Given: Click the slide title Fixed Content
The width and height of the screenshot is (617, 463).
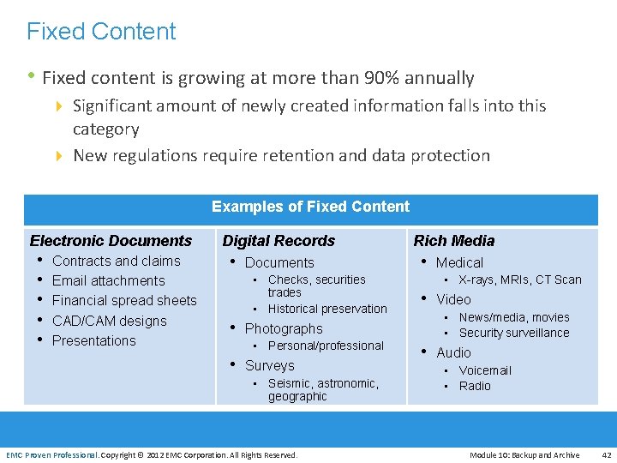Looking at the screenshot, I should coord(101,32).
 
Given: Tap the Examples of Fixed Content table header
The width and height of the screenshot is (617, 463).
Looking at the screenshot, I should coord(310,207).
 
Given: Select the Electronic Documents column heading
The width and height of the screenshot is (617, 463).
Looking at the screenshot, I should coord(111,241).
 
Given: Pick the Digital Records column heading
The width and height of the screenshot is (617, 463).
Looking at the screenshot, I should coord(279,241).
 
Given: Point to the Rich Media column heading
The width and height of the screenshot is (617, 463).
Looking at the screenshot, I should coord(454,241).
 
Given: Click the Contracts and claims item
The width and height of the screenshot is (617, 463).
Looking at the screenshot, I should coord(117,261).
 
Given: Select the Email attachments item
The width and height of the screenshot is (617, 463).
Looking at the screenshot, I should coord(108,280).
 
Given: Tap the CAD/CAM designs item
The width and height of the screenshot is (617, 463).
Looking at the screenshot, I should coord(110,321).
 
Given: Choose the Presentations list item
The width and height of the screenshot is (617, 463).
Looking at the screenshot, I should coord(94,340).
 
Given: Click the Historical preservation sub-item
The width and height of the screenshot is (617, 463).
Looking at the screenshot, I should coord(327,309).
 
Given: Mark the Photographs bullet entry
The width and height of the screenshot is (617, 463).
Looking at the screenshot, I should coord(284,328).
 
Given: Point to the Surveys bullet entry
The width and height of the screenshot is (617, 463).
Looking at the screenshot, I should coord(269,365).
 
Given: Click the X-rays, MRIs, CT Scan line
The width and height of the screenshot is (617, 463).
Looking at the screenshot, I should coord(520,280).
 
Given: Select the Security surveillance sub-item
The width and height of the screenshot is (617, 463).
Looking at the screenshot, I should coord(514,333).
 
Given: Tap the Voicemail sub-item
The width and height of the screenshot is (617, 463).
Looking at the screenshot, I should coord(485,370).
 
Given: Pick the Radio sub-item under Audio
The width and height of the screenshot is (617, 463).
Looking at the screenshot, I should coord(475,386).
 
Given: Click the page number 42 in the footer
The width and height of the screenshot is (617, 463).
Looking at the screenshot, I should coord(606,454).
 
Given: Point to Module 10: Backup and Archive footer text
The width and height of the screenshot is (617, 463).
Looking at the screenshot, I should coord(524,454).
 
